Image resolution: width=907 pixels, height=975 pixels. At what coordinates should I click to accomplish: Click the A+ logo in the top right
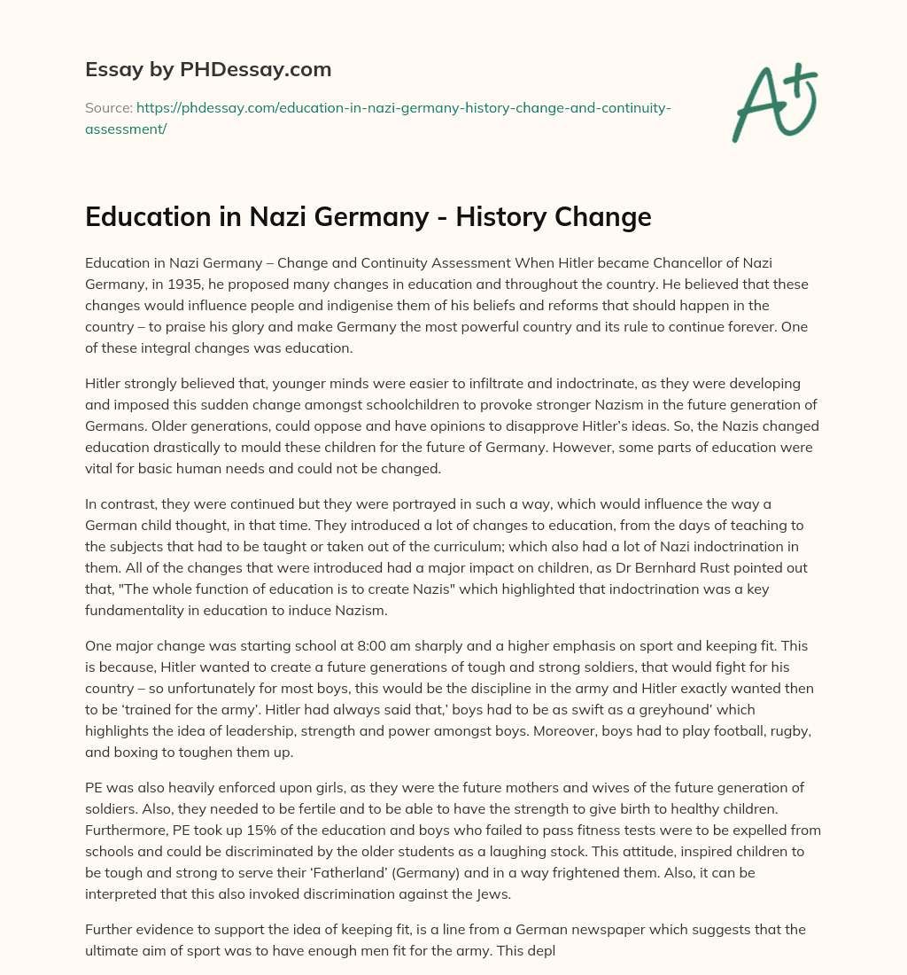pyautogui.click(x=774, y=103)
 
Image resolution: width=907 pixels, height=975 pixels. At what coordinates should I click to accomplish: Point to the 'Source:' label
pyautogui.click(x=108, y=108)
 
